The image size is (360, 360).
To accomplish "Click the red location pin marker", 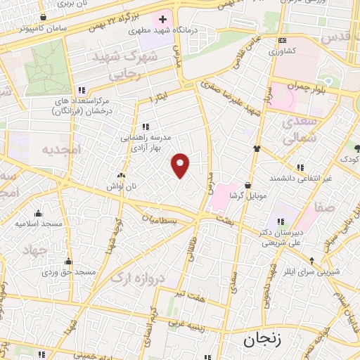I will pos(181,165).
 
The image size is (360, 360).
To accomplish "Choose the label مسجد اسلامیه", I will pos(39,224).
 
